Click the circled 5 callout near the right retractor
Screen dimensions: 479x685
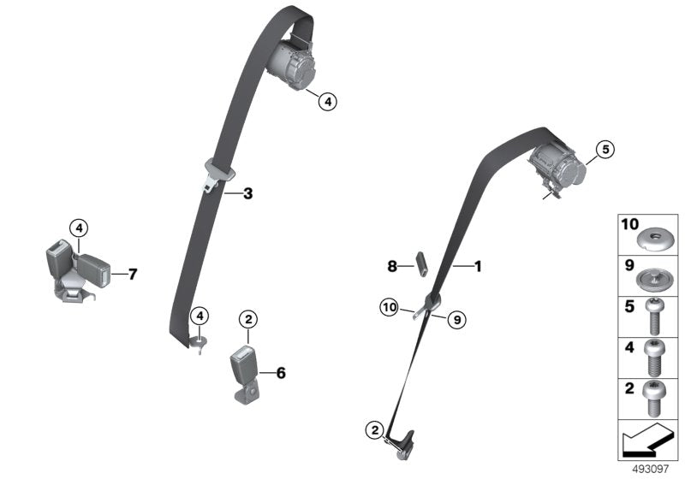point(604,151)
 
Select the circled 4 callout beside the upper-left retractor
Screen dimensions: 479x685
point(327,102)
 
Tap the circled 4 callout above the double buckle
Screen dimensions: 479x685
point(78,228)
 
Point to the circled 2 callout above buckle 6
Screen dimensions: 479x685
point(248,320)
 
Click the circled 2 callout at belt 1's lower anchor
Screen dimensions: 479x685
point(373,429)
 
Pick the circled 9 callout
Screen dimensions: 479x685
point(456,319)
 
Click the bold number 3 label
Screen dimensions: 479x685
point(248,194)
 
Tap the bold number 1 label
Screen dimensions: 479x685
point(478,267)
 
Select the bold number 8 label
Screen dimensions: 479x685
point(392,267)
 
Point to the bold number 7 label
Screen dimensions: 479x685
point(132,275)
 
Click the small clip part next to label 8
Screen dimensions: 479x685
point(422,263)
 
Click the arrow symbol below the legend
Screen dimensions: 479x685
point(647,441)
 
